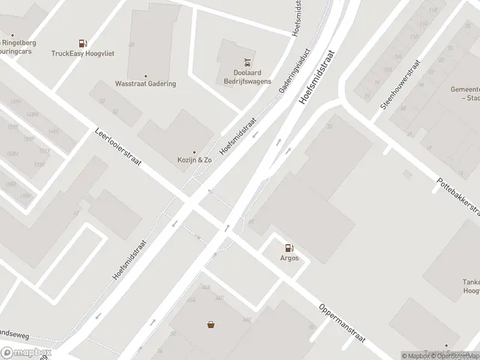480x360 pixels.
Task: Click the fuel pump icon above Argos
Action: point(289,247)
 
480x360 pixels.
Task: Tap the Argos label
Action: point(289,259)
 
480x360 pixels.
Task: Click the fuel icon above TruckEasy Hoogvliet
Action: point(83,43)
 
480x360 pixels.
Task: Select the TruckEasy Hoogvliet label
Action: point(83,53)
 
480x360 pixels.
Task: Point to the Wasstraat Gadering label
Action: point(146,83)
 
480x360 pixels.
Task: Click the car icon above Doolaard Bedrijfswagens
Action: point(247,62)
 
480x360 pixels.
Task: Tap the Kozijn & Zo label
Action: point(194,161)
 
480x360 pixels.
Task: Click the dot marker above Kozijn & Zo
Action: point(194,152)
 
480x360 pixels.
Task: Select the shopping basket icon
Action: point(211,325)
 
